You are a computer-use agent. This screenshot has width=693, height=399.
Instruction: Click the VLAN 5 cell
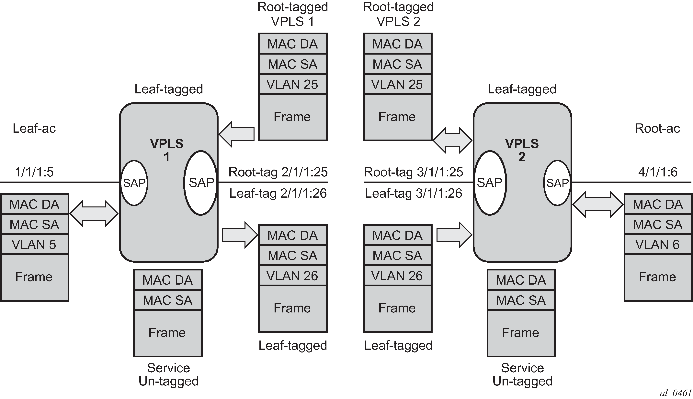coord(34,244)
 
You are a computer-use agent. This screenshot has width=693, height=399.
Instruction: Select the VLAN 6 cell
coord(658,244)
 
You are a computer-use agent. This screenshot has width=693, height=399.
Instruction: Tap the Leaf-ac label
coord(34,128)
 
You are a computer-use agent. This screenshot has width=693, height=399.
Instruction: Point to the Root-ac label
coord(657,128)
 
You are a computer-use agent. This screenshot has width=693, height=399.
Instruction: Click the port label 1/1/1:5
coord(34,172)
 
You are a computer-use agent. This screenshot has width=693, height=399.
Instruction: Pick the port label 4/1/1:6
coord(658,172)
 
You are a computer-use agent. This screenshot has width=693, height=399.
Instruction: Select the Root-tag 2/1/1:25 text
coord(278,172)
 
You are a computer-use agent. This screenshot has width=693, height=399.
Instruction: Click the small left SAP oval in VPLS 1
coord(134,183)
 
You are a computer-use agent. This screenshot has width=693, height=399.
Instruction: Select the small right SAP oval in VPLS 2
coord(557,183)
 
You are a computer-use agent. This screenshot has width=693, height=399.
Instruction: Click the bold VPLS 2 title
coord(522,150)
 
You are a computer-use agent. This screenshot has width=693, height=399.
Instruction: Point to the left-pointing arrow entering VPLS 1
coord(236,134)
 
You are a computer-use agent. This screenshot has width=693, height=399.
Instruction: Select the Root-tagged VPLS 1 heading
coord(293,14)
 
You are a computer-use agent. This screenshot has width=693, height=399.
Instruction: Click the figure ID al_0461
coord(676,393)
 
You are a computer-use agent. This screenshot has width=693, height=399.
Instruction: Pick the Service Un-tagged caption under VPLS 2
coord(522,374)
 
